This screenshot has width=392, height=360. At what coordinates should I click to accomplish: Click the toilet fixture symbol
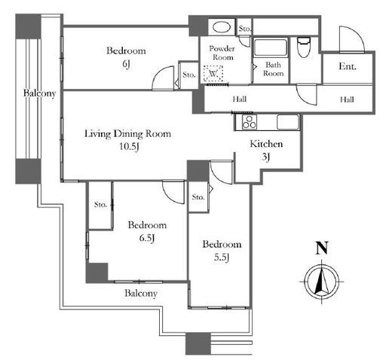(x=304, y=47)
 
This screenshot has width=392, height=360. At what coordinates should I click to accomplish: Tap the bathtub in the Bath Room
(x=271, y=47)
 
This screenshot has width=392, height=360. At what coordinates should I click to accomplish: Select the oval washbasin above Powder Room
(x=221, y=27)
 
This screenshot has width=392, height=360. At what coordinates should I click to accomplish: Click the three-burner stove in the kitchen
(x=250, y=122)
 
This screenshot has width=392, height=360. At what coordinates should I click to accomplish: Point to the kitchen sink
(x=288, y=122)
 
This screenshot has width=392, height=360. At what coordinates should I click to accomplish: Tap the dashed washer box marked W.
(x=213, y=73)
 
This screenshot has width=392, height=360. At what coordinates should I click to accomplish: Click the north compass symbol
(x=322, y=282)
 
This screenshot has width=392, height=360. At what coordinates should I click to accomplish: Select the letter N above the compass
(x=322, y=248)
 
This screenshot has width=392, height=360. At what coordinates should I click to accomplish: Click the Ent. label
(x=348, y=66)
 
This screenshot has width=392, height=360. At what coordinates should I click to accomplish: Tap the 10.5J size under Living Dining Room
(x=129, y=146)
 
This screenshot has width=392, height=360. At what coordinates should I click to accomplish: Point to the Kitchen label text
(x=266, y=144)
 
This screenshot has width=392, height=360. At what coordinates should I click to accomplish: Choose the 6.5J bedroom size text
(x=147, y=237)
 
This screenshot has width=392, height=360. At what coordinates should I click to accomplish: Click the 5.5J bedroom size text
(x=222, y=257)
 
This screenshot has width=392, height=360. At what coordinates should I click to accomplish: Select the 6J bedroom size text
(x=126, y=64)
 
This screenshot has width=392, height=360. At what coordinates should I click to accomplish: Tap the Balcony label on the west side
(x=39, y=93)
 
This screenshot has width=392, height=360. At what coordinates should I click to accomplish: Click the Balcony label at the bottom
(x=141, y=293)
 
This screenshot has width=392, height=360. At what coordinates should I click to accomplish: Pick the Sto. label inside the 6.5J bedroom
(x=101, y=205)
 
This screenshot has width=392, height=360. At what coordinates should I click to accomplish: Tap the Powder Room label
(x=222, y=53)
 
